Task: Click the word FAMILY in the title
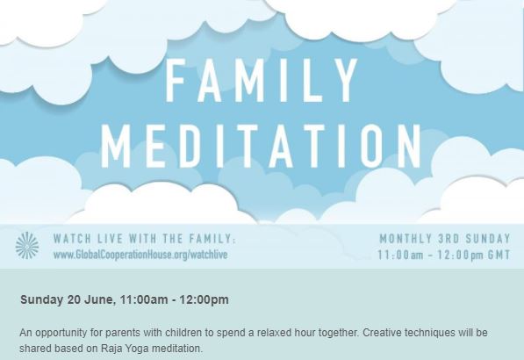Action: pos(262,80)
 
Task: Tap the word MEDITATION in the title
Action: pos(262,146)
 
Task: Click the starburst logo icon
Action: pos(27,245)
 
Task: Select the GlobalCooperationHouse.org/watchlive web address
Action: pos(140,255)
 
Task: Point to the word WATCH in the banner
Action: pos(73,239)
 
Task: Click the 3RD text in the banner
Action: pos(449,239)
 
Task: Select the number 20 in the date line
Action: pos(74,299)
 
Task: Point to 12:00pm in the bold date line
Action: pos(205,299)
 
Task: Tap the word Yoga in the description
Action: pos(137,349)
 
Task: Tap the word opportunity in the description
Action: pos(62,334)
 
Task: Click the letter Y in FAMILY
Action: pos(344,80)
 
